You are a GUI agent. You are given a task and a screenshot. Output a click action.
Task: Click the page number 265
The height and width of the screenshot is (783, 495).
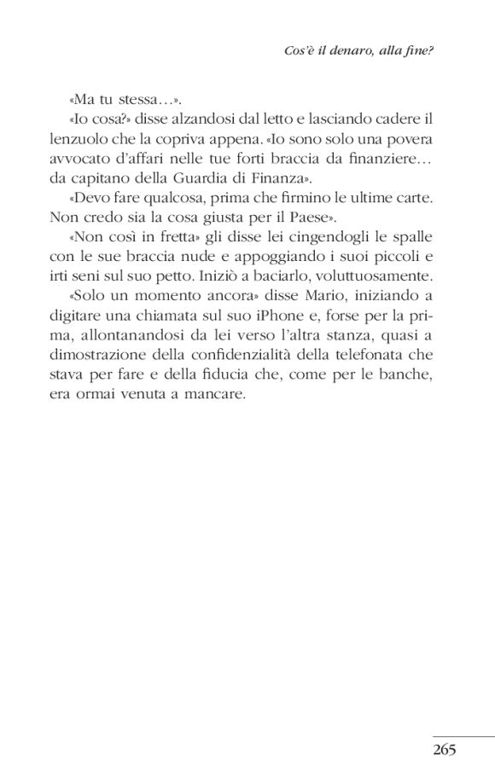(445, 750)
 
